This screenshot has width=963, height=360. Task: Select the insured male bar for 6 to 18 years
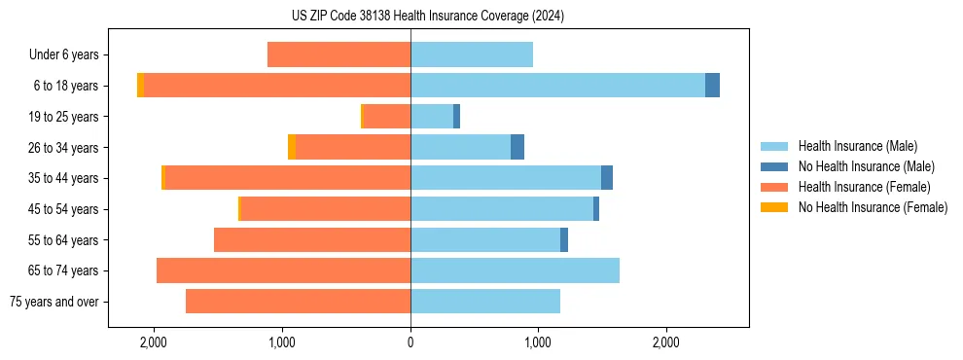pos(557,86)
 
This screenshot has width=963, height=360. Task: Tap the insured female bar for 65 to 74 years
pos(283,270)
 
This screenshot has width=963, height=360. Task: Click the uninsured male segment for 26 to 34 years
pos(517,147)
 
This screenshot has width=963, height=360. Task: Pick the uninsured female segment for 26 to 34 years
pos(292,147)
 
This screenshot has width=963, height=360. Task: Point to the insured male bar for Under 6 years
pos(472,54)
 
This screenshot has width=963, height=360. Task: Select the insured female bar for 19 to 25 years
pos(386,117)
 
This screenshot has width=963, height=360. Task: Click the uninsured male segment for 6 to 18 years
pos(712,86)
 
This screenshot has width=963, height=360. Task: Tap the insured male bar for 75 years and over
pos(485,302)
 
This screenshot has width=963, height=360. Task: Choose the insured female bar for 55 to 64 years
pos(312,239)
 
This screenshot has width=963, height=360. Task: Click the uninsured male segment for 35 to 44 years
pos(607,178)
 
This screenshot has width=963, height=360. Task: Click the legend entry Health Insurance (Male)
pos(857,146)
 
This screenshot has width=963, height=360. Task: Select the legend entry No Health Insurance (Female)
pos(873,207)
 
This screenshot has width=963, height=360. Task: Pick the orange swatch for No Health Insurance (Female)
pos(774,207)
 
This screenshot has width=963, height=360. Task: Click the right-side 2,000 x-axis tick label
pos(666,342)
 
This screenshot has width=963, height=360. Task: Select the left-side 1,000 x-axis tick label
pos(282,342)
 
